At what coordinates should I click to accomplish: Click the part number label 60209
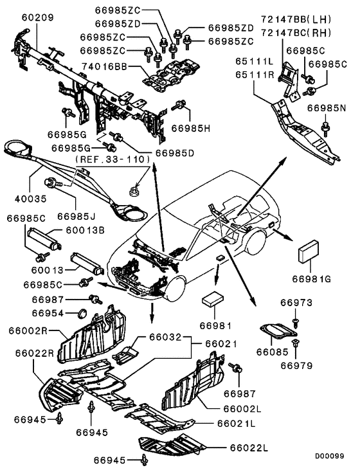point(37,18)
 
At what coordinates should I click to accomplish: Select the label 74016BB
point(104,66)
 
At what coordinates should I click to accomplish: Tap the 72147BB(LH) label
point(296,20)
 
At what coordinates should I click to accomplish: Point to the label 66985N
point(326,108)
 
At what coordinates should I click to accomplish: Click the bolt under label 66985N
point(325,127)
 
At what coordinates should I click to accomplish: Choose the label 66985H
point(191,129)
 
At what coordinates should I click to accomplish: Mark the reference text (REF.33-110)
point(112,159)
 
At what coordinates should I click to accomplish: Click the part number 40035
point(31,199)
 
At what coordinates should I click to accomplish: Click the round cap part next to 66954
point(82,313)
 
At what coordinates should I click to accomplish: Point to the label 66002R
point(28,330)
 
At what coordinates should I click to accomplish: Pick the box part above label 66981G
point(308,251)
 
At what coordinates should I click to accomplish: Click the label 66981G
point(311,279)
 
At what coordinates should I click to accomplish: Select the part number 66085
point(272,351)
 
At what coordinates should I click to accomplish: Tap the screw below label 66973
point(296,322)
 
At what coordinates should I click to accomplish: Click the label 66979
point(296,366)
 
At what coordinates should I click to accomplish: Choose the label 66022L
point(249,448)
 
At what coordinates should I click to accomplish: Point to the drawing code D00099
point(329,456)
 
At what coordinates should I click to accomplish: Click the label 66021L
point(237,424)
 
